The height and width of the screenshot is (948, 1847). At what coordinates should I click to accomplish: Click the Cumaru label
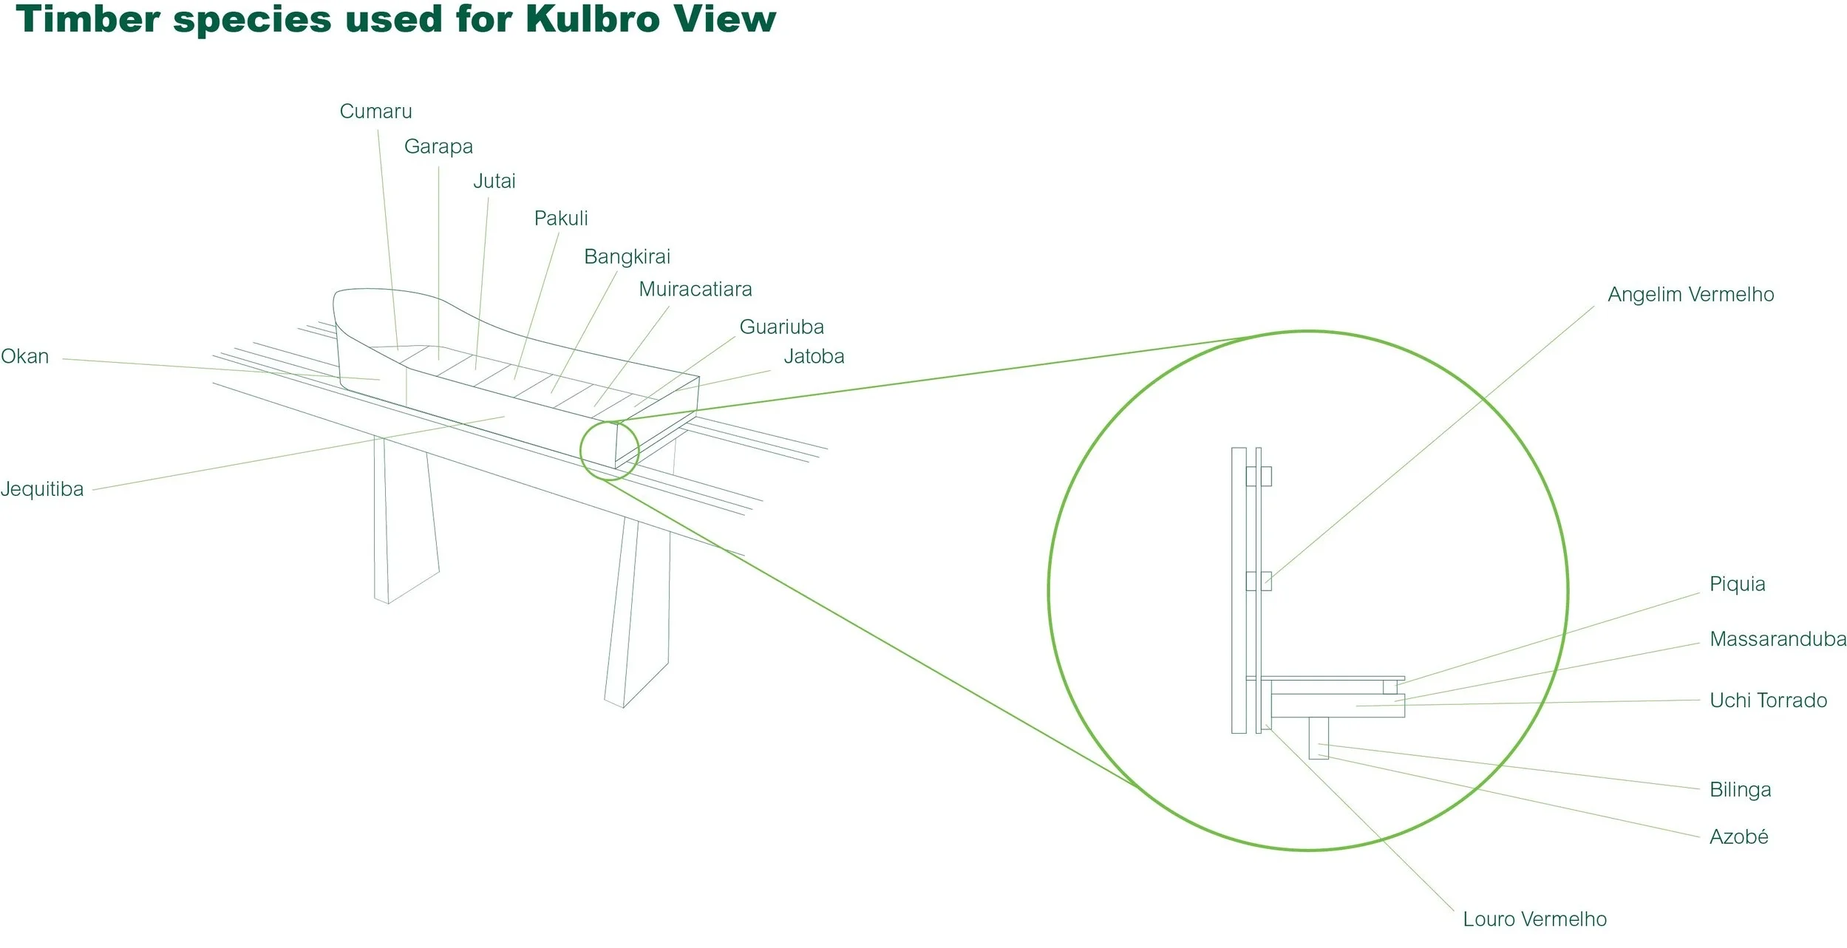click(x=375, y=112)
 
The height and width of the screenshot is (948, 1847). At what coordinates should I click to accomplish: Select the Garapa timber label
click(x=438, y=146)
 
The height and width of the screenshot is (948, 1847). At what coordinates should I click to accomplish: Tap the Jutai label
click(x=494, y=181)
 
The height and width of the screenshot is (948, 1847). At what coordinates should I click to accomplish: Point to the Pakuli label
click(x=561, y=218)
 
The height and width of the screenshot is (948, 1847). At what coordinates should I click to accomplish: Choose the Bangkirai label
click(x=627, y=256)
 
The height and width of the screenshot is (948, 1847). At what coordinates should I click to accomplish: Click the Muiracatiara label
click(x=695, y=289)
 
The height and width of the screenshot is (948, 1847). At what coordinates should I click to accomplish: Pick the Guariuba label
click(x=781, y=327)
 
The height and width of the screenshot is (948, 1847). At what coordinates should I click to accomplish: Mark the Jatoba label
click(x=814, y=356)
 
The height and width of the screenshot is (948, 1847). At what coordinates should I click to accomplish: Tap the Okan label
click(x=24, y=356)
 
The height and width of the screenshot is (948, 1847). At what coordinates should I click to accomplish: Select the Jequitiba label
click(x=42, y=489)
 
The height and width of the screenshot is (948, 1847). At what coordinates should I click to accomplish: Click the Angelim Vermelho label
click(x=1690, y=294)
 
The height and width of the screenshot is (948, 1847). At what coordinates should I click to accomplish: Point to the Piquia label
click(x=1737, y=584)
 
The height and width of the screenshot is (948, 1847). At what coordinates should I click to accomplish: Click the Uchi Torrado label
click(x=1768, y=700)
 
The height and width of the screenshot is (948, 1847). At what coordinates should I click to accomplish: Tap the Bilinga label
click(x=1740, y=790)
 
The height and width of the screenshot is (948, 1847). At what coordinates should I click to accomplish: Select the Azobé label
click(x=1738, y=837)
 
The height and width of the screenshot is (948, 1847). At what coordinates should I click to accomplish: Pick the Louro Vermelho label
click(x=1534, y=919)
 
